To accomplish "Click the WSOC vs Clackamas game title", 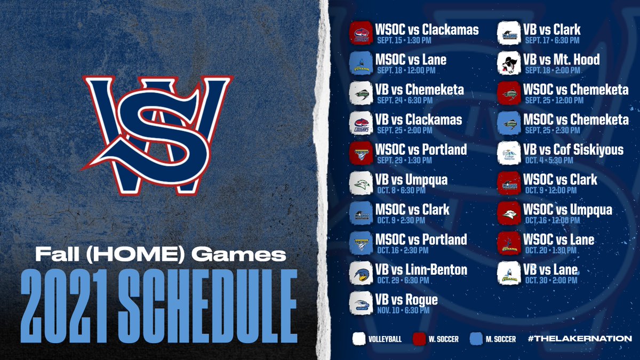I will [x=427, y=29].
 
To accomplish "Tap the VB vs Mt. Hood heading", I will [x=562, y=59].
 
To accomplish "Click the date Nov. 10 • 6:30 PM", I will [x=401, y=309].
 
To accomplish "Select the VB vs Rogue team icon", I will [x=360, y=305].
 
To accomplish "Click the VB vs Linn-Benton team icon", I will [x=360, y=274].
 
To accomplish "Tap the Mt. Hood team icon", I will [x=508, y=63].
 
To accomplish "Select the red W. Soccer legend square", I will [x=419, y=338].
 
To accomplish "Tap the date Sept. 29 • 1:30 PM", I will [x=401, y=159].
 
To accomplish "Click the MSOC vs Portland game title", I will [x=421, y=239].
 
